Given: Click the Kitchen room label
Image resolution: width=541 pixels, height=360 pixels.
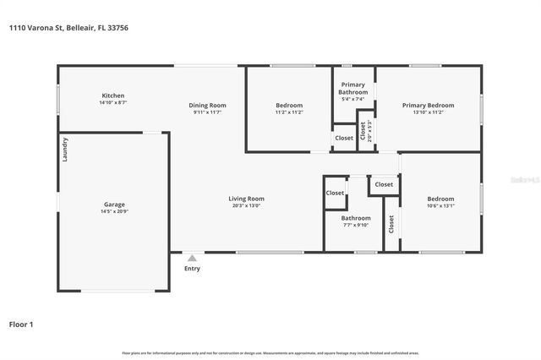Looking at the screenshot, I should pos(113,95).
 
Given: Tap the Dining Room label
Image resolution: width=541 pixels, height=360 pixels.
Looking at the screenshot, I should pos(207,105).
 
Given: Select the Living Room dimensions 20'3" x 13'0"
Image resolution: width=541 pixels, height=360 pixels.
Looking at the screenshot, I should pos(246,205).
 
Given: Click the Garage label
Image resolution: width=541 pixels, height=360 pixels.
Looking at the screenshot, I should pos(114,205).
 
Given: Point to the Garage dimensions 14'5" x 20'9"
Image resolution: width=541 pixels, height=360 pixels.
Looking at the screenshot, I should pos(114,211).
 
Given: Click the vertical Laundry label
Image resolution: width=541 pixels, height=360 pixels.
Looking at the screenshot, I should pos(64,150).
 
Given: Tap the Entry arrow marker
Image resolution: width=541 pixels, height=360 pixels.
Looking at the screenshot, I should pos(192,259).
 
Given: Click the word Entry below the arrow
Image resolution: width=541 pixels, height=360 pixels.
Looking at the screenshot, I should pos(192,269).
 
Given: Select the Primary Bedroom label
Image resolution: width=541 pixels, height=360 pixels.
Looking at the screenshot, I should pos(428,105).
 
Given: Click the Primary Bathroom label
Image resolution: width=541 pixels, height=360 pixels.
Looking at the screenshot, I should pos(353,88).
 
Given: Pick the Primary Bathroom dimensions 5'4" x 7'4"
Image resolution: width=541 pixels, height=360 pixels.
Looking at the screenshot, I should pos(353,99).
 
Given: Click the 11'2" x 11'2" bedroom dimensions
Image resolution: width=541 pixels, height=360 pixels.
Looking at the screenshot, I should pos(289,112).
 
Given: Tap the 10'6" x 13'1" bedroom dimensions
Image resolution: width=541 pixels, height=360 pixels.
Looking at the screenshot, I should pos(440,205).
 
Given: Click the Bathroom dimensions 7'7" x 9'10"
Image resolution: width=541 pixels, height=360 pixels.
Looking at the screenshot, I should pos(355,225).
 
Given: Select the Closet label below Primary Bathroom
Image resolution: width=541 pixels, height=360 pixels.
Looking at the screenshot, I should pos(344,138).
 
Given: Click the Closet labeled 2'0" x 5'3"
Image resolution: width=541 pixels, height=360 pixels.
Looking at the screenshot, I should pos(364,130).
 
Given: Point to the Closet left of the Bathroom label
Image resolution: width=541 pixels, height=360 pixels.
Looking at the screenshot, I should pos(335,193).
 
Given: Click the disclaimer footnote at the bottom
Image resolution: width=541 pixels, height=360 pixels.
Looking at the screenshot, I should pos(270,352).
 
